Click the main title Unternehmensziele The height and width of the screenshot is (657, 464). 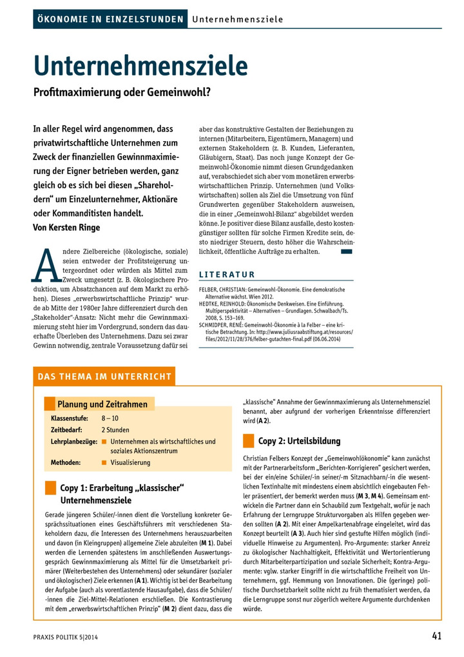pyautogui.click(x=140, y=65)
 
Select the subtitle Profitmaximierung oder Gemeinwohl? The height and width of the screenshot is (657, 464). pyautogui.click(x=122, y=92)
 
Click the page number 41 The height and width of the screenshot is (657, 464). pyautogui.click(x=436, y=636)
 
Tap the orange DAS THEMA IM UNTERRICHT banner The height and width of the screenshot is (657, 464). pyautogui.click(x=104, y=377)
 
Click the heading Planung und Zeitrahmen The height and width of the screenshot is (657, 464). pyautogui.click(x=102, y=404)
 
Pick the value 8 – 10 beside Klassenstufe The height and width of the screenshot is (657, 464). pyautogui.click(x=110, y=419)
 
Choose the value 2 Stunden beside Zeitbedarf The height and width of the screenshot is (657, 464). pyautogui.click(x=115, y=430)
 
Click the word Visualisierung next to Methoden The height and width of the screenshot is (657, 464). pyautogui.click(x=130, y=462)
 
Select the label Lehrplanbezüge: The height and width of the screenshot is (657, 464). pyautogui.click(x=72, y=441)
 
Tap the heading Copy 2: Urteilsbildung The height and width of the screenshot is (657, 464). pyautogui.click(x=299, y=441)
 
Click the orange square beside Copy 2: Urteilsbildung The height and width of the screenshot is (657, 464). pyautogui.click(x=248, y=441)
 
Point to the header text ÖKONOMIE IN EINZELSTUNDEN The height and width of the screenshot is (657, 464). pyautogui.click(x=110, y=19)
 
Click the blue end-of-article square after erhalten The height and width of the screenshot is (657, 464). pyautogui.click(x=346, y=251)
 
